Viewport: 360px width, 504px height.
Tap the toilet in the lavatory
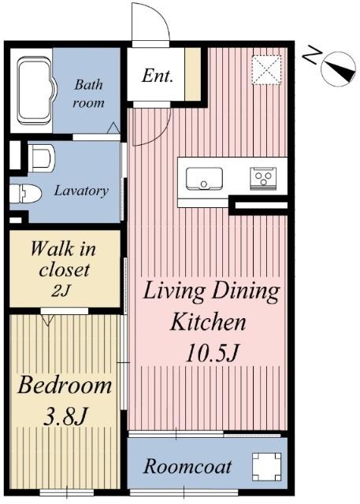[25, 194]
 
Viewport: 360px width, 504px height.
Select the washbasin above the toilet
[41, 157]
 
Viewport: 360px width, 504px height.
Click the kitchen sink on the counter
[204, 179]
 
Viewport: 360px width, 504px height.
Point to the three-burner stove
[263, 179]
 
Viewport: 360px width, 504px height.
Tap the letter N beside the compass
[312, 55]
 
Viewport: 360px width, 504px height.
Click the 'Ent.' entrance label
[158, 76]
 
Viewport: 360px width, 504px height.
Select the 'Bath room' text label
[88, 94]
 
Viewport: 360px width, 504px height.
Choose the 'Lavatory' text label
[81, 191]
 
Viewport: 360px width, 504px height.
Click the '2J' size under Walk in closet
[61, 291]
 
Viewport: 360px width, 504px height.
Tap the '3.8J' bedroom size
[65, 417]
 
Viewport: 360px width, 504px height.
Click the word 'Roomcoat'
[187, 466]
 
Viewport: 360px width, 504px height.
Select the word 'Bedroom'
[65, 385]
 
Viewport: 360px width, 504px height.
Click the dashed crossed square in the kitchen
[266, 70]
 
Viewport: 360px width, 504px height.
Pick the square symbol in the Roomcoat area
[266, 467]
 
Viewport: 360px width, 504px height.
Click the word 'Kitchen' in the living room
[208, 322]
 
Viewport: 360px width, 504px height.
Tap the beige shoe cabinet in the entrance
[193, 74]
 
